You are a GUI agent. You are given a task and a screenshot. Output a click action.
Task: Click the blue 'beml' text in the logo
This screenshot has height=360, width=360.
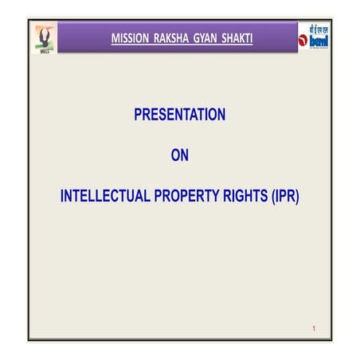[319, 40]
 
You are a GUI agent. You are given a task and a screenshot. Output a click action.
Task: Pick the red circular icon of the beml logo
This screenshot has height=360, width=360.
[303, 40]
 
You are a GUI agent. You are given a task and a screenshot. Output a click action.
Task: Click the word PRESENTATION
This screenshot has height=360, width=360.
[180, 115]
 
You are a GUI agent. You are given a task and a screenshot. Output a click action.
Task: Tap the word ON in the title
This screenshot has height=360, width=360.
[180, 156]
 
